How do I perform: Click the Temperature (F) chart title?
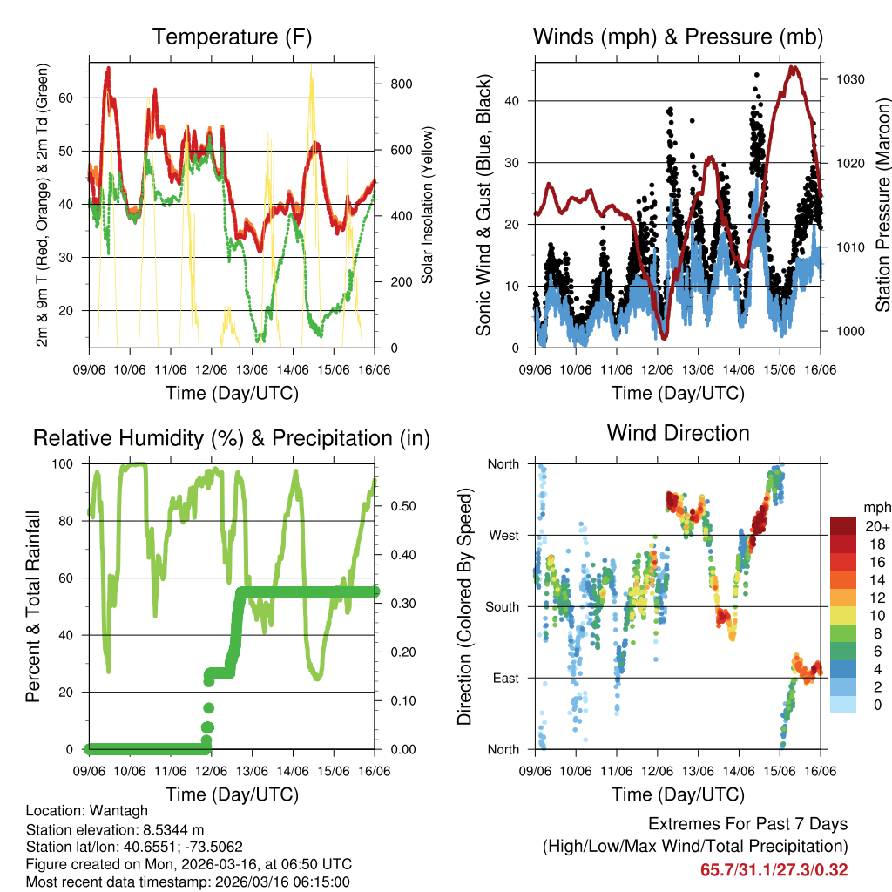(x=232, y=37)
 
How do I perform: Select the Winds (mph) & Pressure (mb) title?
(x=678, y=37)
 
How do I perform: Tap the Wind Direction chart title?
(x=678, y=433)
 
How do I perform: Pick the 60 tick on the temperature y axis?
(x=77, y=98)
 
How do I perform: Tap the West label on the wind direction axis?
(x=503, y=535)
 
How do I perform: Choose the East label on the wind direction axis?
(x=504, y=678)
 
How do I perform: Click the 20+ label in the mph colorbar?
(x=877, y=527)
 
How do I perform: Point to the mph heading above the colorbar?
(x=876, y=507)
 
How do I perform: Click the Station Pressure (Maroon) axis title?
(x=882, y=193)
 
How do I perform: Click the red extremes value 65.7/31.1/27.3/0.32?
(x=774, y=869)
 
